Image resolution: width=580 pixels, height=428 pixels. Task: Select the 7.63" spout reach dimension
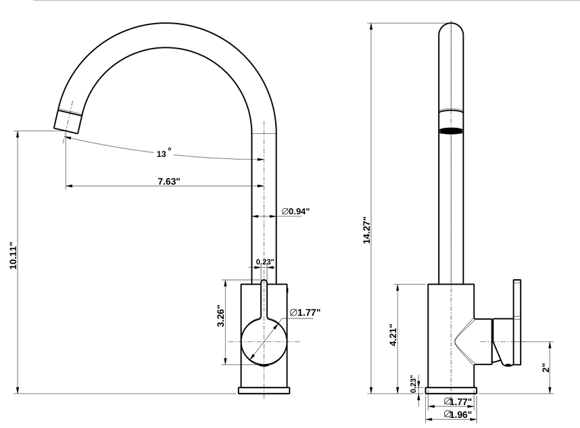pyautogui.click(x=165, y=181)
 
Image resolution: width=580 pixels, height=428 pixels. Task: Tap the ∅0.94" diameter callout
pyautogui.click(x=295, y=212)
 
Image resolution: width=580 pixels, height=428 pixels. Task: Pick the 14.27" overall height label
pyautogui.click(x=367, y=231)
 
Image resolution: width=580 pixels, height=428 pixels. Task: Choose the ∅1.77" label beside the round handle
pyautogui.click(x=304, y=312)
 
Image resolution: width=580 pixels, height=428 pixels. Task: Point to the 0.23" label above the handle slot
pyautogui.click(x=264, y=262)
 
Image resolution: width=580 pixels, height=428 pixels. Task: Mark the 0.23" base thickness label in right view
pyautogui.click(x=413, y=383)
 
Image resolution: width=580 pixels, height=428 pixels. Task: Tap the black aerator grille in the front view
pyautogui.click(x=452, y=130)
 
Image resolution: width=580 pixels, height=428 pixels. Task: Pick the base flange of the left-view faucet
pyautogui.click(x=264, y=389)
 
